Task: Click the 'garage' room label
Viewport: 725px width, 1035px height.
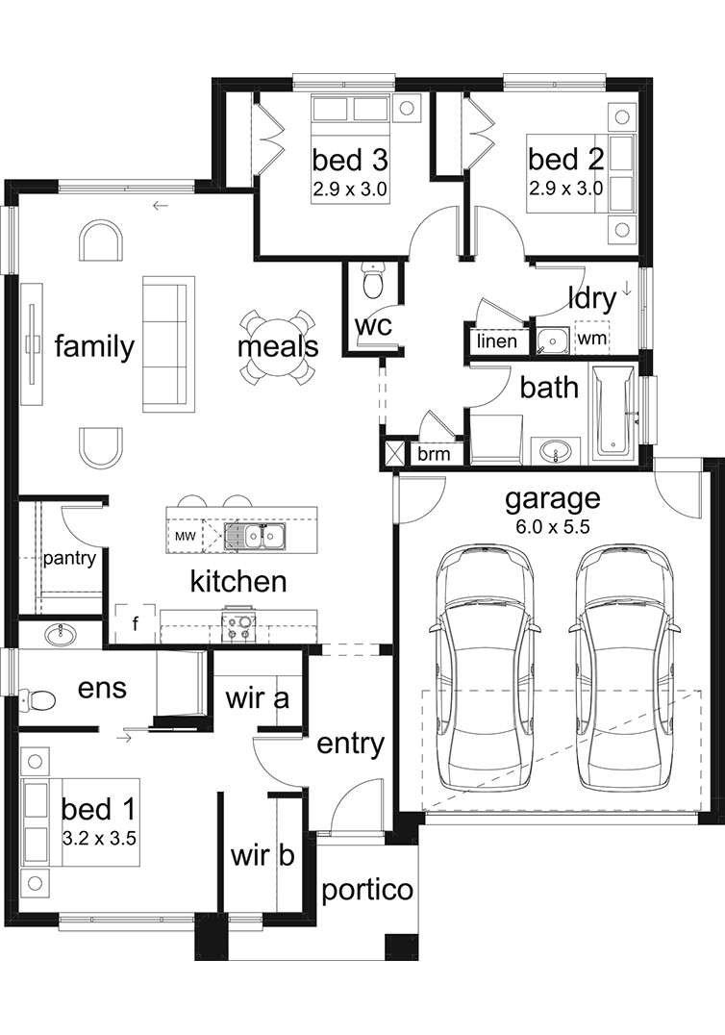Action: pos(553,499)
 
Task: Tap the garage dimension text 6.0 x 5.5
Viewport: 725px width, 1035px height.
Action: pos(553,527)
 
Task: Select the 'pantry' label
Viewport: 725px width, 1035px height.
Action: pos(69,559)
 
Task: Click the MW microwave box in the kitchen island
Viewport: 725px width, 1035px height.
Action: pos(186,536)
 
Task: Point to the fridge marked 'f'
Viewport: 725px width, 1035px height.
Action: pos(136,623)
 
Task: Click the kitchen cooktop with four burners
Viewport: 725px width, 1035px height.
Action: pos(238,627)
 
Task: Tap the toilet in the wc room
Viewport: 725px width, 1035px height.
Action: pos(373,280)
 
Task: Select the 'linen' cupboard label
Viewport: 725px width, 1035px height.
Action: pos(497,341)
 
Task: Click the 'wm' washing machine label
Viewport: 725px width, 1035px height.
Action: pos(591,338)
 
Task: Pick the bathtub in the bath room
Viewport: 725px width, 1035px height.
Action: pos(613,414)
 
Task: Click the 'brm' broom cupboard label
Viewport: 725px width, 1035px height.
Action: pos(434,454)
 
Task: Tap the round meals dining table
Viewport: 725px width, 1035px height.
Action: pos(277,347)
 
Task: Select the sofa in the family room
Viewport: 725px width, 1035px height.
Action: pos(168,344)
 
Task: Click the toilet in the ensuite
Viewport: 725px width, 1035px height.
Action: pos(37,699)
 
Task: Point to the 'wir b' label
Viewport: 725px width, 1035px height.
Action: pos(262,855)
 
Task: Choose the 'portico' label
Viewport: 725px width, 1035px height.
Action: pos(367,891)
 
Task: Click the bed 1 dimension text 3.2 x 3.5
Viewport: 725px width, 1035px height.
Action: pos(99,839)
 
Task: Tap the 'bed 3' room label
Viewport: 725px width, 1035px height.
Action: pos(350,159)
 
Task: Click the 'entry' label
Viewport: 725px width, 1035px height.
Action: pos(350,745)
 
